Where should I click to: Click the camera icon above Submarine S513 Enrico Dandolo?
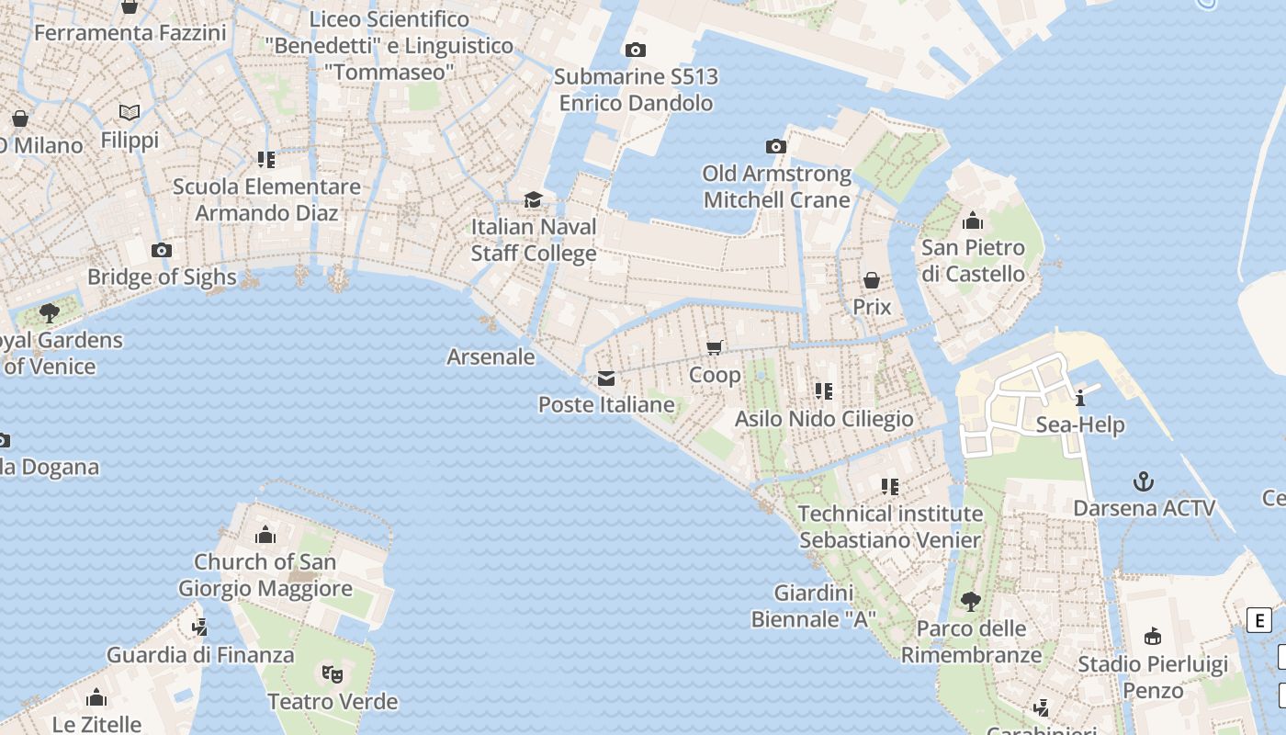(x=635, y=51)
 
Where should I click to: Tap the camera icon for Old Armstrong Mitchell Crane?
(x=776, y=147)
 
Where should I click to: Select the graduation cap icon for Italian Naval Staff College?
(x=533, y=200)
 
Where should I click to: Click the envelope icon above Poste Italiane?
(x=606, y=379)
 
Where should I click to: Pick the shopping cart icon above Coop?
(x=715, y=347)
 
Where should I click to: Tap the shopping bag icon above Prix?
(x=872, y=280)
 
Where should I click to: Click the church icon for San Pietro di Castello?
(x=973, y=221)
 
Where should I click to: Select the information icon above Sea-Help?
(x=1080, y=398)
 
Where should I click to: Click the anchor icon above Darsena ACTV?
(x=1144, y=481)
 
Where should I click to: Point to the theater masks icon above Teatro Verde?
(x=333, y=675)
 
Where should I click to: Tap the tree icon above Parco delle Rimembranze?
(x=970, y=603)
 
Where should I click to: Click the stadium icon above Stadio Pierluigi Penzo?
(x=1153, y=636)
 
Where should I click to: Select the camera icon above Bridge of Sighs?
(x=162, y=251)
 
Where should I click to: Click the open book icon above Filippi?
(x=130, y=113)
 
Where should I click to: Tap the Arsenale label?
(x=491, y=356)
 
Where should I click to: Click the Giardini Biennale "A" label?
(x=814, y=606)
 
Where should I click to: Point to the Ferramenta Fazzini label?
(x=130, y=33)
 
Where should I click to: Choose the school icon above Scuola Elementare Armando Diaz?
(x=266, y=160)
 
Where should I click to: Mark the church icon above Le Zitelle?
(x=96, y=698)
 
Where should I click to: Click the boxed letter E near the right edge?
(x=1259, y=620)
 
